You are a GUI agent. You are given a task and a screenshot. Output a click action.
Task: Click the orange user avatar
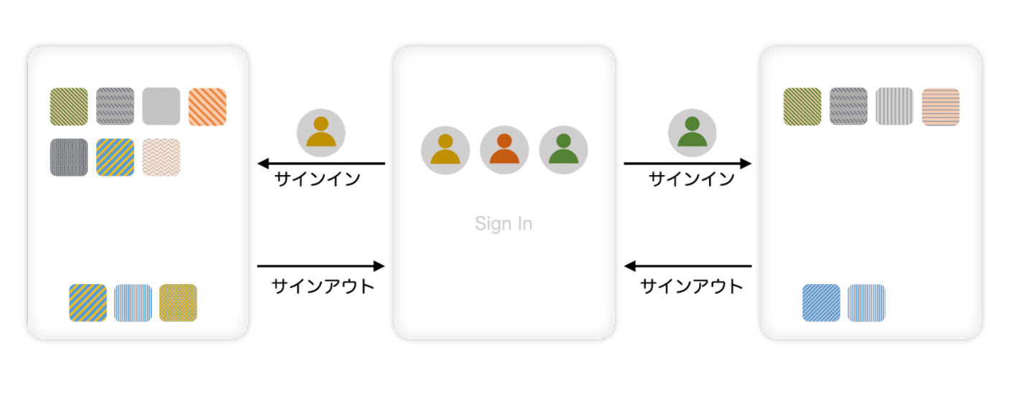(x=504, y=150)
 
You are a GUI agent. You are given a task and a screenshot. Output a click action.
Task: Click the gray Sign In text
(x=504, y=223)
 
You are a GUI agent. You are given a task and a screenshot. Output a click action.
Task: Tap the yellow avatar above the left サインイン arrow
(x=321, y=132)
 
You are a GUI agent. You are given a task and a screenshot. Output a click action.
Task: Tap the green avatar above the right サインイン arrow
(x=692, y=132)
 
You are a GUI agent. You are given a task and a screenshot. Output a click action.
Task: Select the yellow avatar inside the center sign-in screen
(x=445, y=150)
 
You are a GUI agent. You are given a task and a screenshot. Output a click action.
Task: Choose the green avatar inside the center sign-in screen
(x=563, y=150)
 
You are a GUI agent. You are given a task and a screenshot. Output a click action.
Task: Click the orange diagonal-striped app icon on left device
(x=207, y=106)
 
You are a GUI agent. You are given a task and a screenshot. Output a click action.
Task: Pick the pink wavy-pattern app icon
(x=161, y=157)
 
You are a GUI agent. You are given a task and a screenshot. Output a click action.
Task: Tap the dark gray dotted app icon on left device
(x=69, y=157)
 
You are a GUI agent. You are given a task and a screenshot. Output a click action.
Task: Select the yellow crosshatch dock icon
(x=178, y=303)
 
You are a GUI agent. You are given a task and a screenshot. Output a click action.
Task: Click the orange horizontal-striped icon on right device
(x=941, y=106)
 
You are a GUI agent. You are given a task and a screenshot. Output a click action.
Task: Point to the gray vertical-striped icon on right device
(x=894, y=106)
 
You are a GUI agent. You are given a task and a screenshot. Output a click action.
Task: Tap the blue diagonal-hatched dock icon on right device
(x=821, y=303)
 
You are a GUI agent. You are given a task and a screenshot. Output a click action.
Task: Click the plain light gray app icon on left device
(x=161, y=106)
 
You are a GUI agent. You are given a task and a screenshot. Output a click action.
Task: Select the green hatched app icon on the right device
(x=802, y=106)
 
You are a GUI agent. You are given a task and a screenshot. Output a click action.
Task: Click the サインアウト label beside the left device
(x=323, y=286)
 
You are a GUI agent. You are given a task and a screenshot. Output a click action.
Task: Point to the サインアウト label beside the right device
(x=691, y=286)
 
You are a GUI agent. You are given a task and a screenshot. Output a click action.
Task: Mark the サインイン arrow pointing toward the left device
(x=321, y=164)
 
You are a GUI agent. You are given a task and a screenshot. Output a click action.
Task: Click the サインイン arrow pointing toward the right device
(x=687, y=164)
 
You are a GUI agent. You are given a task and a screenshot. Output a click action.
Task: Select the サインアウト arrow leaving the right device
(x=687, y=266)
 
